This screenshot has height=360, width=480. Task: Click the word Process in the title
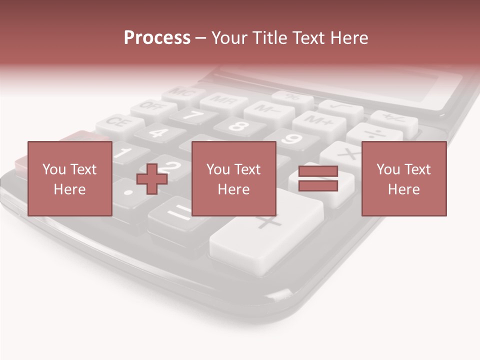click(x=157, y=37)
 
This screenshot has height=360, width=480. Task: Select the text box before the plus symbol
click(x=69, y=178)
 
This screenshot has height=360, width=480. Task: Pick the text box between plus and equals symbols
click(x=233, y=178)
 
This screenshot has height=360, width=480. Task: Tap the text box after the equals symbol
click(x=403, y=178)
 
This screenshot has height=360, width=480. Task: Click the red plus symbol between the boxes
click(x=151, y=178)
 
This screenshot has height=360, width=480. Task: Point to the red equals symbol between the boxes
click(x=318, y=178)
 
